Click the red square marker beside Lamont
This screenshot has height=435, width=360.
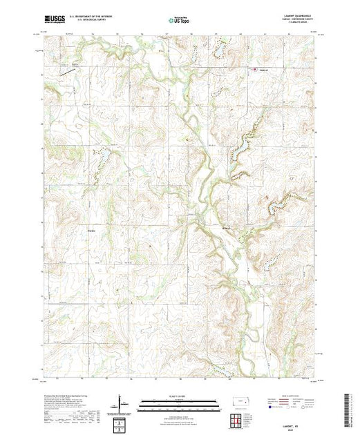pyautogui.click(x=254, y=69)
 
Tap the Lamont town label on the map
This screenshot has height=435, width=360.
pyautogui.click(x=262, y=69)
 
